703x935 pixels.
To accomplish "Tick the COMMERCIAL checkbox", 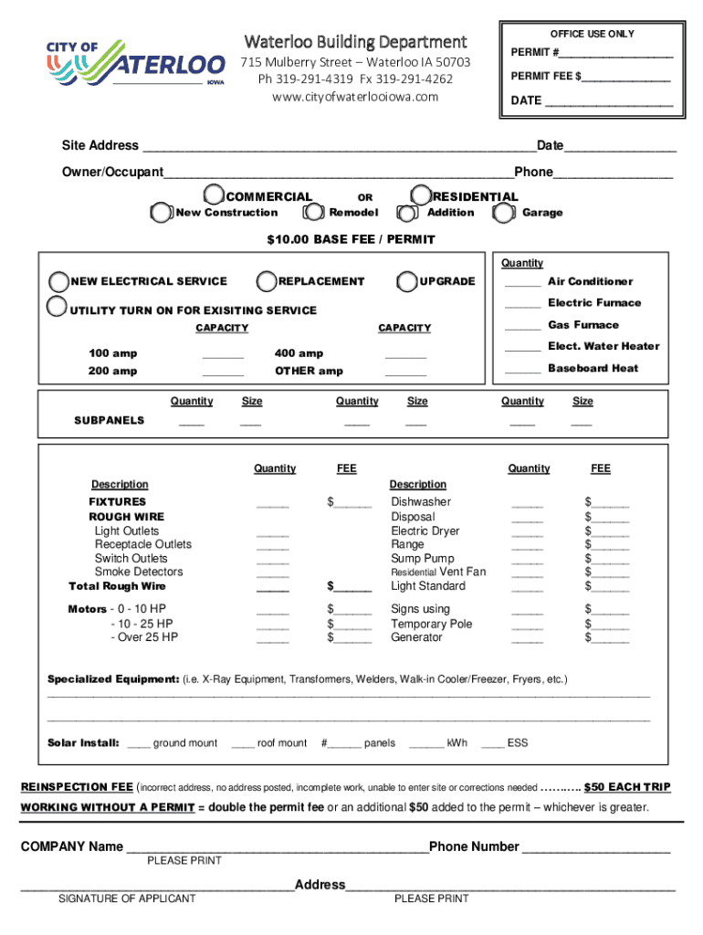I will (x=214, y=195).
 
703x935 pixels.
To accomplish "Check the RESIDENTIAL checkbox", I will (x=421, y=195).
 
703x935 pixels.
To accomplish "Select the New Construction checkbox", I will (x=161, y=213).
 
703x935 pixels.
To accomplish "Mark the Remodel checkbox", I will (x=314, y=213).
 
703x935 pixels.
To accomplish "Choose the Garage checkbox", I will (x=503, y=213).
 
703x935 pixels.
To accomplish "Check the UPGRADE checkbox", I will (x=407, y=281).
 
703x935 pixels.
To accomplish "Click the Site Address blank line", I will (x=337, y=147).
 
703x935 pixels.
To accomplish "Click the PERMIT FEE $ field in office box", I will (x=627, y=78).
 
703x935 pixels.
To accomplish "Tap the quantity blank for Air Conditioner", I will (x=522, y=282).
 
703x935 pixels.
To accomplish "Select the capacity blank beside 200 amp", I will (x=223, y=372).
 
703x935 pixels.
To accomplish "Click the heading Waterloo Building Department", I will (x=355, y=42).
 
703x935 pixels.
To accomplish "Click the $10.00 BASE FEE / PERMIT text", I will (x=351, y=240).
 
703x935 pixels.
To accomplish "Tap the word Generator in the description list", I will (x=416, y=637).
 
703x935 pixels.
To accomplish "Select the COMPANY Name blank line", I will (x=277, y=847).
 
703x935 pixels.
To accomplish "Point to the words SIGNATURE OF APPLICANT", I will (x=127, y=899).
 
